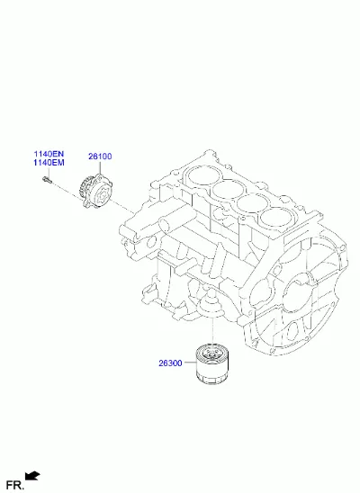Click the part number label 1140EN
click(49, 154)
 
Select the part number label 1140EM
click(49, 163)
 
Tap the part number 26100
click(100, 157)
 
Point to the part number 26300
click(170, 363)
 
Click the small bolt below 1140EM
click(47, 180)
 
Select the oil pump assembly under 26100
click(95, 191)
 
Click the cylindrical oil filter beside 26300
click(212, 364)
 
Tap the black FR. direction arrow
click(32, 476)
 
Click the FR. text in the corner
click(14, 485)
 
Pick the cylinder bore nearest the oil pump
click(200, 176)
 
